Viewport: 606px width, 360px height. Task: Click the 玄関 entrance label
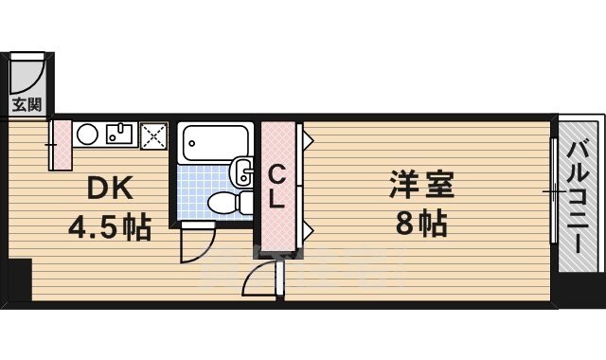coord(27,103)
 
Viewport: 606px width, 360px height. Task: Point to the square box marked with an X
coord(153,136)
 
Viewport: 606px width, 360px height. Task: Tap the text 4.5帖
coord(108,227)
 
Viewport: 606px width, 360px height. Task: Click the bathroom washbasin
coord(242,172)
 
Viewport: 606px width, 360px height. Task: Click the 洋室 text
coord(421,183)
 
